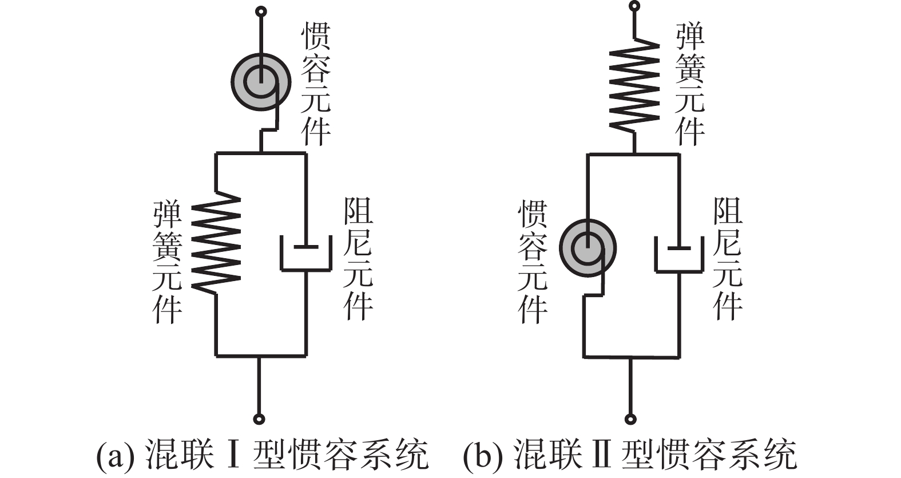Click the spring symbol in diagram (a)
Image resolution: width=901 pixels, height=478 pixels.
216,243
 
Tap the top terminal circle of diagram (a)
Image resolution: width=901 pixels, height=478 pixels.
260,11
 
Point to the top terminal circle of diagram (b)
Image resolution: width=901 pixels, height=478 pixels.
634,6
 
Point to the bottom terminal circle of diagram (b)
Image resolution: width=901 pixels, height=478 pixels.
630,420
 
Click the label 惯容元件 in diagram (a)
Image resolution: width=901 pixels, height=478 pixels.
316,84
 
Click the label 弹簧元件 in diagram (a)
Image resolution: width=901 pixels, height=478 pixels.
167,262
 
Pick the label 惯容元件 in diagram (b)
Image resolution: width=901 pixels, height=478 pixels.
532,262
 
